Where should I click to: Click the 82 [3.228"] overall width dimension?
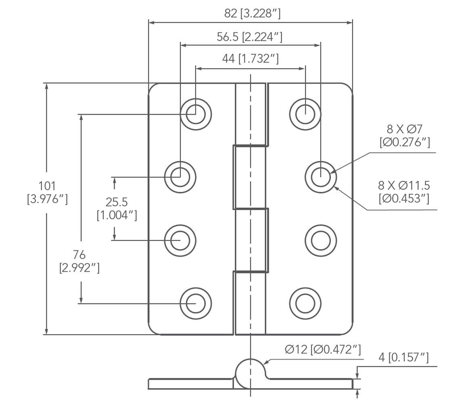pos(252,14)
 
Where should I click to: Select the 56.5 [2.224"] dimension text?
pos(249,37)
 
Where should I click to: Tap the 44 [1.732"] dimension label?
pos(251,59)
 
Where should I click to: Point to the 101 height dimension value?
pos(47,186)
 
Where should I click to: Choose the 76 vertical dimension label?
pos(79,255)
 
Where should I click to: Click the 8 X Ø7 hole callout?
pos(404,130)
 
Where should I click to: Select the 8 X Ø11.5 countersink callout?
pos(404,186)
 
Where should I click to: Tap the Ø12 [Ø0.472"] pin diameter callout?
pos(322,350)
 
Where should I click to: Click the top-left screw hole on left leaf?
pos(196,114)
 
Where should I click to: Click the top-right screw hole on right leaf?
pos(305,114)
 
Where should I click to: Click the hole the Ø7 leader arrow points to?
pos(320,176)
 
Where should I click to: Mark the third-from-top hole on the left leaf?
pos(180,241)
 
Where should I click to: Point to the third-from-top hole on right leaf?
pos(320,241)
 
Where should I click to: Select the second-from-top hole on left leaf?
pos(180,176)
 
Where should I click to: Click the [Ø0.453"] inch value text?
pos(404,199)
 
